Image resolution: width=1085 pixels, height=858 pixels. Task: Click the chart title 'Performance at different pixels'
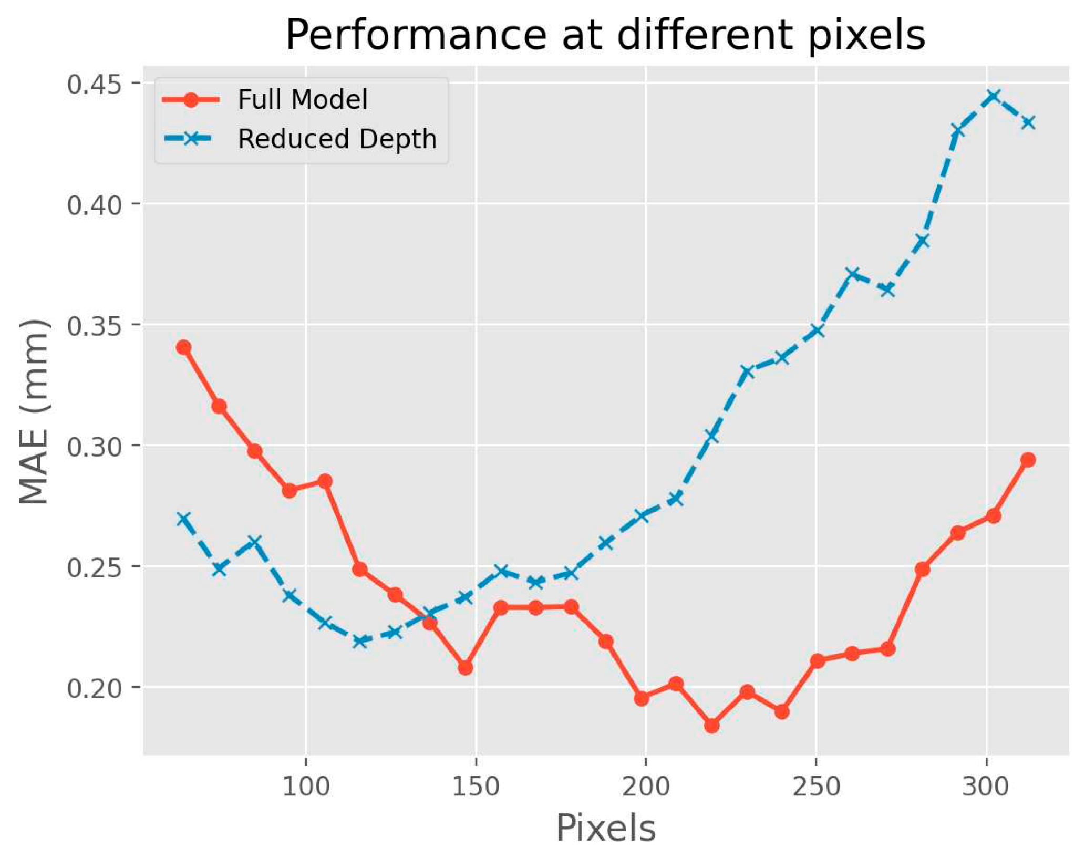tap(605, 36)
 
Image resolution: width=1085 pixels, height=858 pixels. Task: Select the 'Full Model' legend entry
tap(302, 99)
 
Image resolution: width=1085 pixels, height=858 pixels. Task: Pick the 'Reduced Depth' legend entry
tap(337, 139)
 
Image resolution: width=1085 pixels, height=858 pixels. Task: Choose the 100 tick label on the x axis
tap(306, 787)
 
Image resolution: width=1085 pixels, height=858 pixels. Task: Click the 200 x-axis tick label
tap(646, 787)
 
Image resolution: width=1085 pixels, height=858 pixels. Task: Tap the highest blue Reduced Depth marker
tap(993, 96)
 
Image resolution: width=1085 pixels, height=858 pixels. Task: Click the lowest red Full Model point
tap(711, 726)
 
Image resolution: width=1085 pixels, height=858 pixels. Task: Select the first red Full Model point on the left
tap(183, 347)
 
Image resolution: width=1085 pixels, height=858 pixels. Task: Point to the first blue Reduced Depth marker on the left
tap(183, 519)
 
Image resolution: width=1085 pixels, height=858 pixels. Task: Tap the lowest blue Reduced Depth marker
tap(360, 641)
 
